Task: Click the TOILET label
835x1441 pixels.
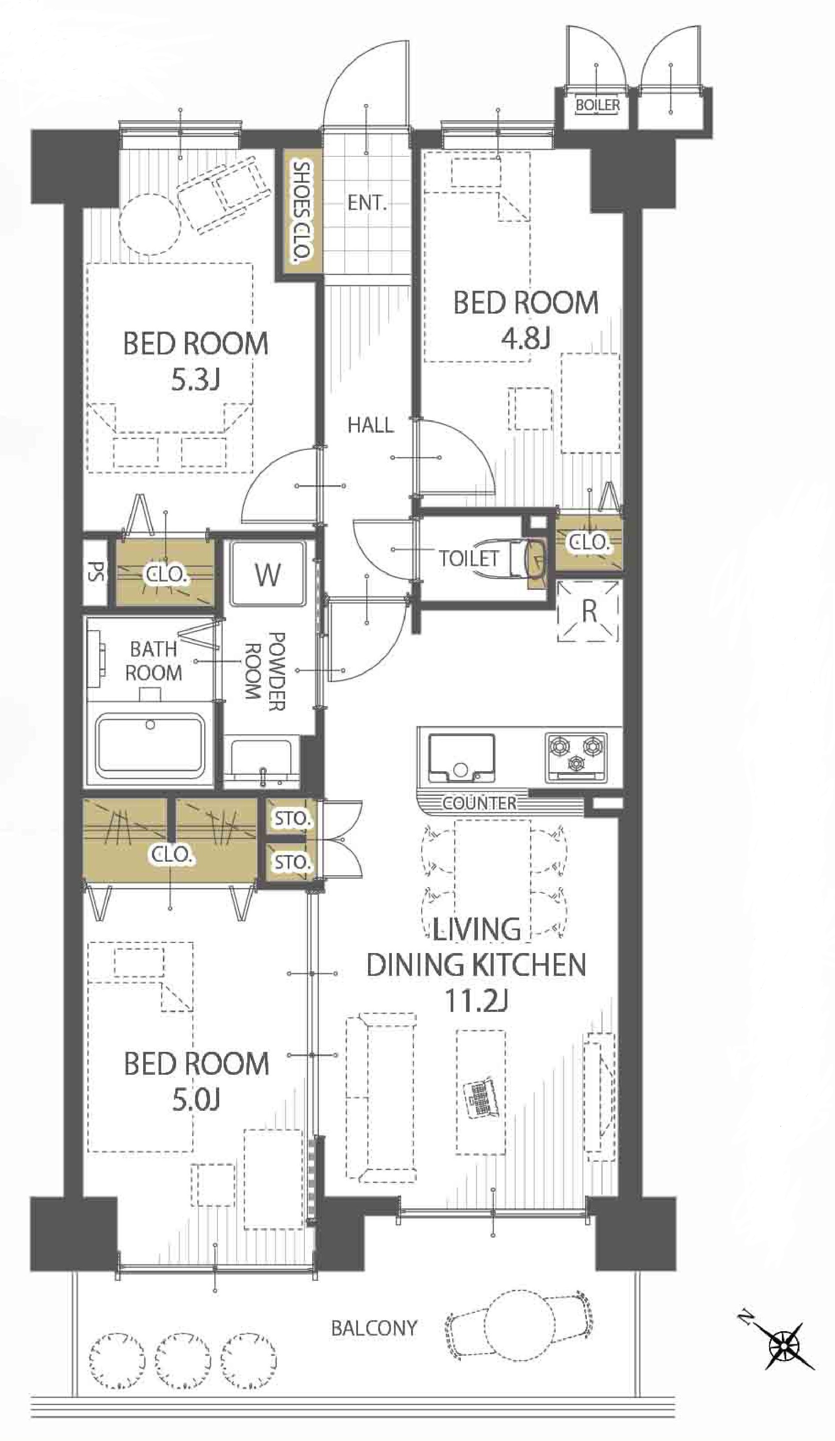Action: [469, 558]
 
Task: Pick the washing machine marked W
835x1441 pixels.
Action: [267, 574]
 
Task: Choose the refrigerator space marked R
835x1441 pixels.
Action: [589, 611]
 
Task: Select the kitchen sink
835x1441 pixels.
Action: [462, 758]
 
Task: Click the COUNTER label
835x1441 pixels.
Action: [479, 803]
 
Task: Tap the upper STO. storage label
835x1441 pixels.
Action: [292, 819]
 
